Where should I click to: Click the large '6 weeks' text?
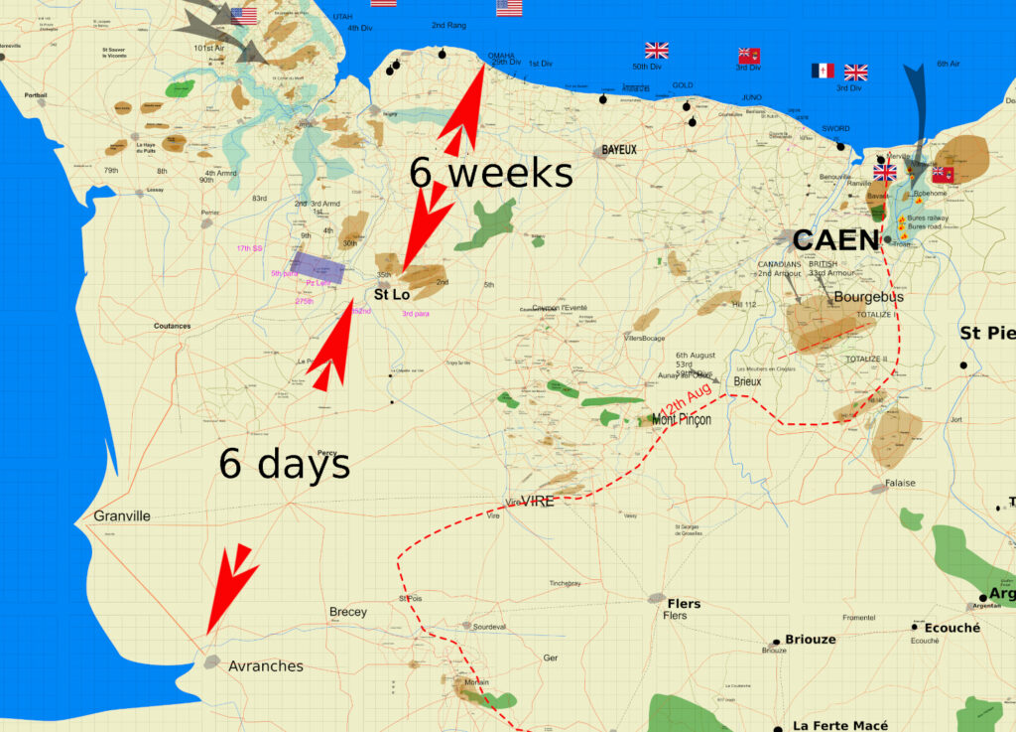click(x=491, y=173)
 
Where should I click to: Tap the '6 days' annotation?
click(x=285, y=463)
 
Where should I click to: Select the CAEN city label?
click(x=835, y=240)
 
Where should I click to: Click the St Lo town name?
click(x=392, y=294)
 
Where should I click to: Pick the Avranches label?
click(x=266, y=665)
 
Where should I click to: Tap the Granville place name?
click(x=122, y=515)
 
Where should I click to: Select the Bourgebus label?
click(x=869, y=296)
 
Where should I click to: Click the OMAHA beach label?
click(x=501, y=55)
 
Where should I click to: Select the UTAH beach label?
click(x=342, y=17)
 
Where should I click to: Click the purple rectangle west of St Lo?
click(x=317, y=268)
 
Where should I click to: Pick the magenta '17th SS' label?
click(x=248, y=247)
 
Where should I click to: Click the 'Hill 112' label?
click(x=744, y=304)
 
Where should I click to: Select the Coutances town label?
click(x=172, y=326)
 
